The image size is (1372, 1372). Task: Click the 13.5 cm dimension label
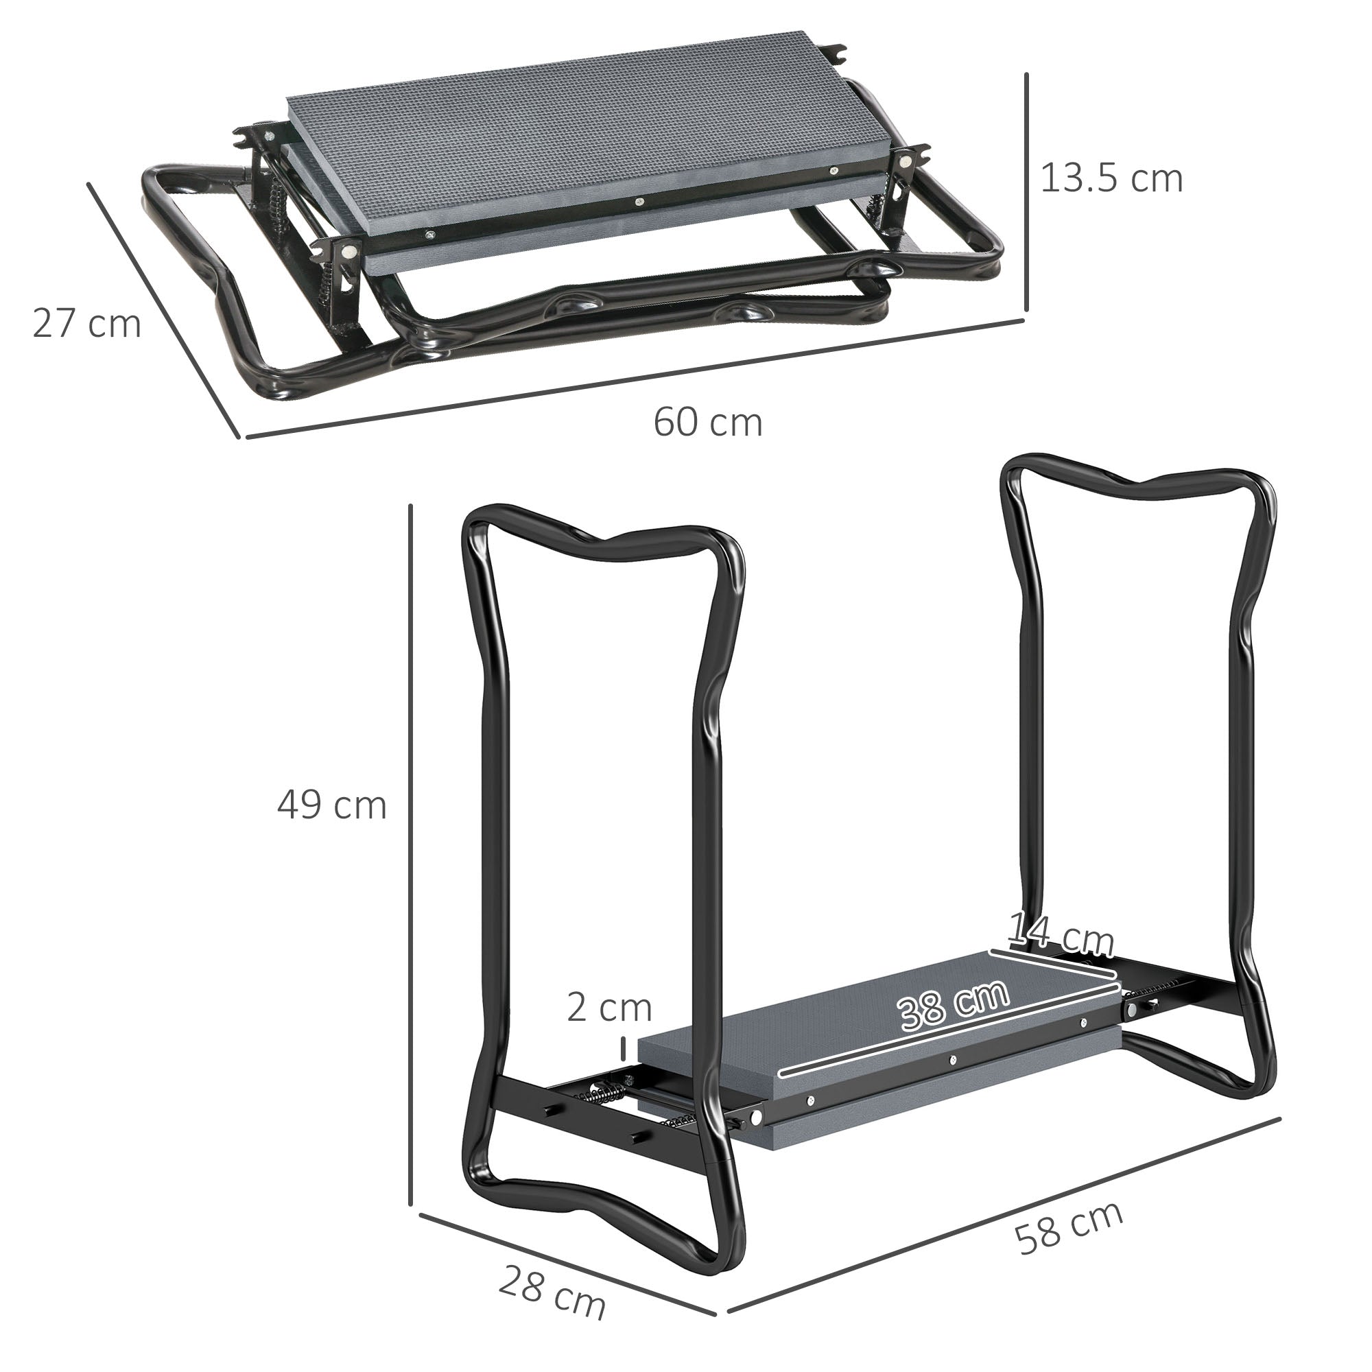coord(1111,178)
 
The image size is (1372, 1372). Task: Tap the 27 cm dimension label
coord(86,324)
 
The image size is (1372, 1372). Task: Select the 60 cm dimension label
coord(707,423)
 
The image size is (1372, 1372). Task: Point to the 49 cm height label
coord(331,805)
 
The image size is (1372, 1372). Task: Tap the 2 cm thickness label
coord(608,1008)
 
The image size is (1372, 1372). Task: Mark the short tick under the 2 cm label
coord(624,1047)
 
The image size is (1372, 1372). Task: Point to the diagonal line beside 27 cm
coord(163,310)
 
